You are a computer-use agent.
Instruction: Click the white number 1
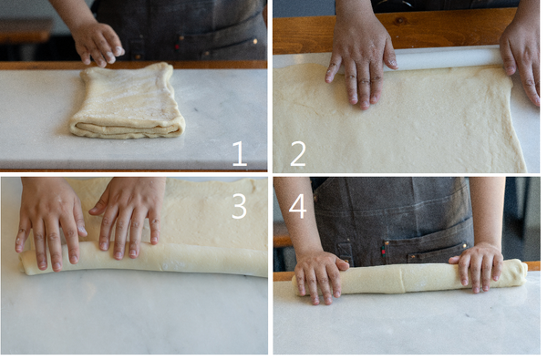coord(239,153)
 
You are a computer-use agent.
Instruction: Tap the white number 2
coord(298,153)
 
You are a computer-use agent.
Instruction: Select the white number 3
coord(239,206)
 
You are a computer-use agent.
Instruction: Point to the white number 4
coord(297,206)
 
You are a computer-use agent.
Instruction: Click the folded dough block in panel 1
coord(128,101)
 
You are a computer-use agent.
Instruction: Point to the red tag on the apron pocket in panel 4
coord(384,252)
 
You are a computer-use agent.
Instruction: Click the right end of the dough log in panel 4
coord(522,273)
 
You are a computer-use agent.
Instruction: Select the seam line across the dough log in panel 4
coord(402,279)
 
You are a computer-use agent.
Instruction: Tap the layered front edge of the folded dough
coord(128,129)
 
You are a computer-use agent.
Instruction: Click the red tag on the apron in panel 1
coord(177,46)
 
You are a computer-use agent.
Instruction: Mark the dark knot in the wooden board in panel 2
coord(399,21)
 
